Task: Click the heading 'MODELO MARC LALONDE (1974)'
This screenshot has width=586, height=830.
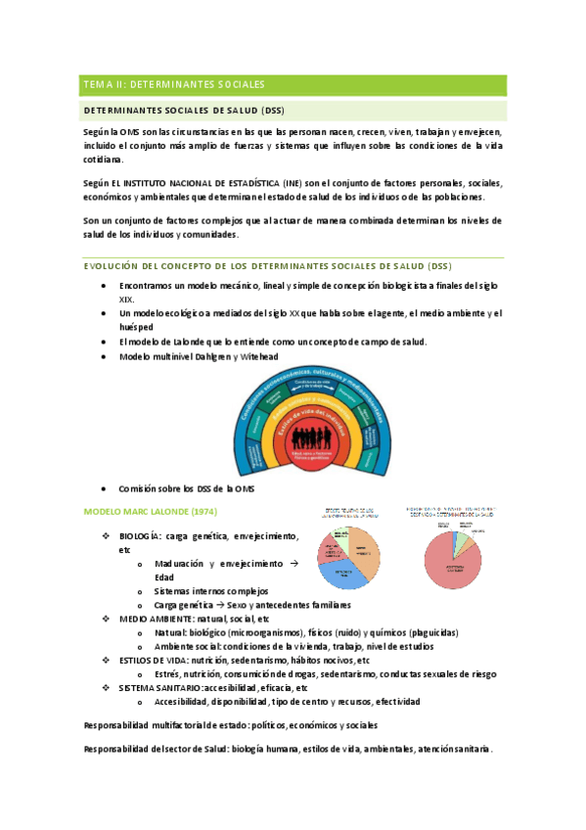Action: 150,511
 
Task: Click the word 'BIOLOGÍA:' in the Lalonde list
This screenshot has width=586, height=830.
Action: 140,536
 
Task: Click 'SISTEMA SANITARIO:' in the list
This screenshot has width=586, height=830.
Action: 160,687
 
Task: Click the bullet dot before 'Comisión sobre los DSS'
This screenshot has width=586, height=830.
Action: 105,487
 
